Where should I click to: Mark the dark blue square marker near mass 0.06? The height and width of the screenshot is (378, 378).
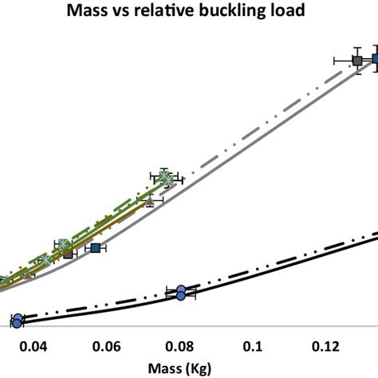click(96, 248)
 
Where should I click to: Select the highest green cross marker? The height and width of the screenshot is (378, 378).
click(164, 176)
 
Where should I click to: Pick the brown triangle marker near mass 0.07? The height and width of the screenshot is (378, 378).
click(148, 199)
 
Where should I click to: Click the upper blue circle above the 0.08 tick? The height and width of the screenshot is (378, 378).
click(181, 289)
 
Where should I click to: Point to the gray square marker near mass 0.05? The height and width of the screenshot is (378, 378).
click(69, 254)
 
